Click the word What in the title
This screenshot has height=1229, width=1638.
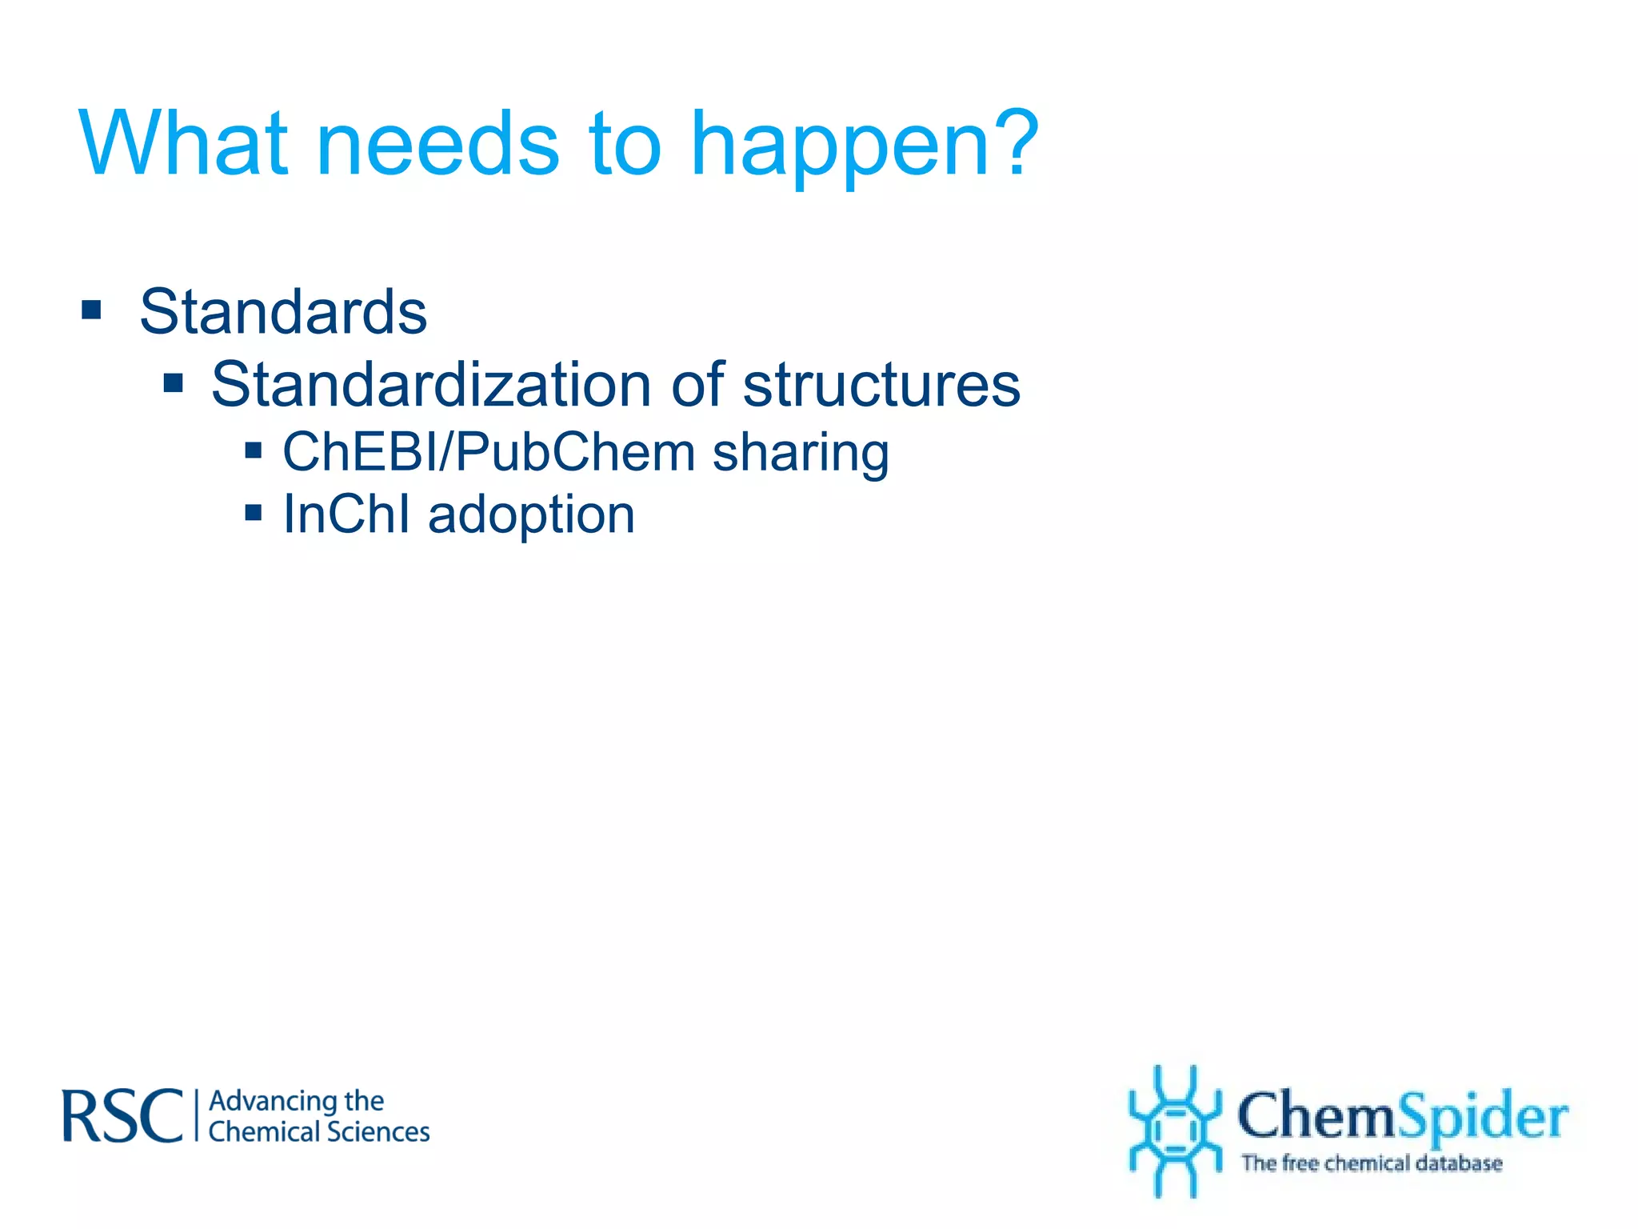coord(182,144)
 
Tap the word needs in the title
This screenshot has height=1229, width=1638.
coord(438,144)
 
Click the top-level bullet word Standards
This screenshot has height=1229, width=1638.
coord(283,312)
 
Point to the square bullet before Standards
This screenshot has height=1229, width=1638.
coord(91,310)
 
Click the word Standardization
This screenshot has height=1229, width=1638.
coord(432,385)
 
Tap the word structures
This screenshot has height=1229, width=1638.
coord(881,385)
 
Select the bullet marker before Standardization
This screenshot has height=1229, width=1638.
coord(173,383)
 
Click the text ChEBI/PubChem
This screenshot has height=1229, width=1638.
coord(489,453)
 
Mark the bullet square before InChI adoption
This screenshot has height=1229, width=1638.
coord(254,512)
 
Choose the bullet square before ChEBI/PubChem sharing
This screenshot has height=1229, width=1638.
coord(254,450)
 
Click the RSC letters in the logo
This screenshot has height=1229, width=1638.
coord(122,1116)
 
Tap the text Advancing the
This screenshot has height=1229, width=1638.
coord(296,1101)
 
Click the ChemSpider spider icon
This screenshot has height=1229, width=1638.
coord(1174,1130)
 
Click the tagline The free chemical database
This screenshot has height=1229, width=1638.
coord(1371,1163)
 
